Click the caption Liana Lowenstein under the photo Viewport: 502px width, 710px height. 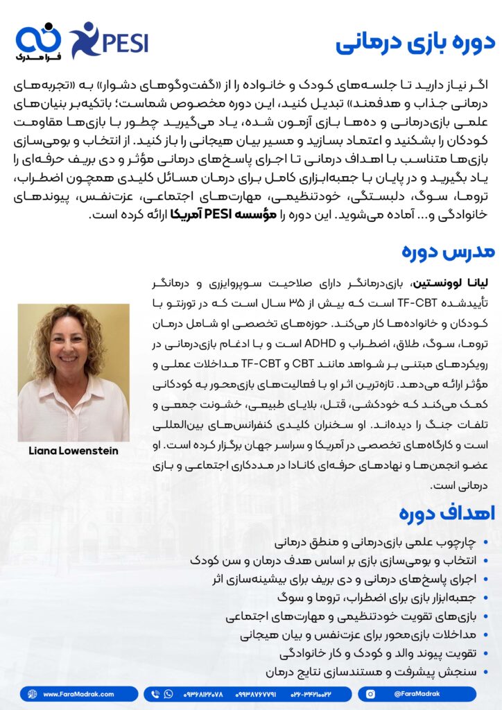(73, 451)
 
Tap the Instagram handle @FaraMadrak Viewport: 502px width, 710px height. (419, 693)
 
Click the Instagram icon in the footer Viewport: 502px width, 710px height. (370, 693)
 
